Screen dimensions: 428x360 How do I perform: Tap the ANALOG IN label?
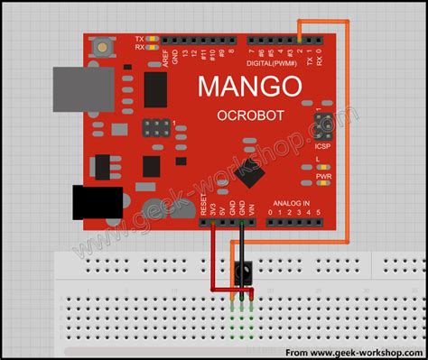tap(292, 203)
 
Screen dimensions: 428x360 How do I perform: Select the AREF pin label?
tap(164, 58)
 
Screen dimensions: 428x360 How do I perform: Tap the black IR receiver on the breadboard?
tap(243, 269)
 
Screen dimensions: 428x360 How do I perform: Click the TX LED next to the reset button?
tap(150, 39)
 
